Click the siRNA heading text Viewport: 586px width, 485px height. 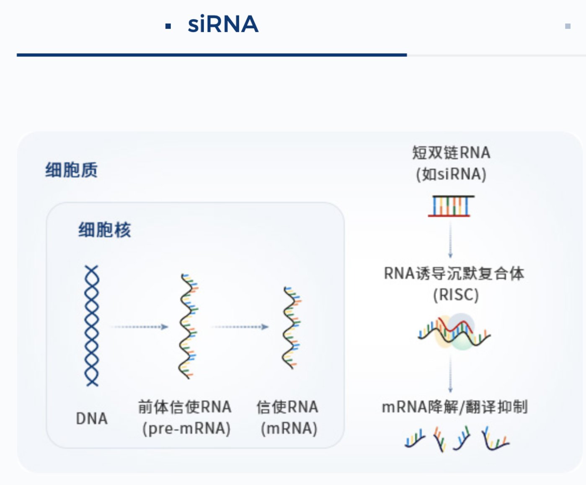(x=223, y=24)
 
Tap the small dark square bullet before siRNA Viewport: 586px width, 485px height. (x=168, y=26)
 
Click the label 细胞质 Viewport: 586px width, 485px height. (x=72, y=170)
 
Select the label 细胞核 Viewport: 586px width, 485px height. (x=105, y=230)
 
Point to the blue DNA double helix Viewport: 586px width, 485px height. (x=92, y=326)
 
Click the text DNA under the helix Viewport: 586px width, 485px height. (x=92, y=418)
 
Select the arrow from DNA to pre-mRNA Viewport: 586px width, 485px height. (x=139, y=327)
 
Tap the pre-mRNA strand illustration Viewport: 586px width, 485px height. (x=188, y=326)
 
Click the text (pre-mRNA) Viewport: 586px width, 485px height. (x=186, y=428)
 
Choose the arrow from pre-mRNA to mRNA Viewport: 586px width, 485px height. (x=240, y=327)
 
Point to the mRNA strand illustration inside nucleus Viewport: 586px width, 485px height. (x=291, y=328)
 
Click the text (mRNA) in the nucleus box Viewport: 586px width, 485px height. (x=289, y=428)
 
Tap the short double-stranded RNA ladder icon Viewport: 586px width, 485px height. (x=451, y=206)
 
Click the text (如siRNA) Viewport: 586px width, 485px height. (x=451, y=174)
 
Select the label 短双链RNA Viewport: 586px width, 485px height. (x=451, y=153)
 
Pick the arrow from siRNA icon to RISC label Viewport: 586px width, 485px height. (x=450, y=239)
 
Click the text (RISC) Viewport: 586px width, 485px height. (x=456, y=295)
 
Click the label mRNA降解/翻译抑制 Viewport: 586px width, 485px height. (x=454, y=407)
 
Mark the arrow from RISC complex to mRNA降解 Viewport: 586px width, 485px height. (x=450, y=374)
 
